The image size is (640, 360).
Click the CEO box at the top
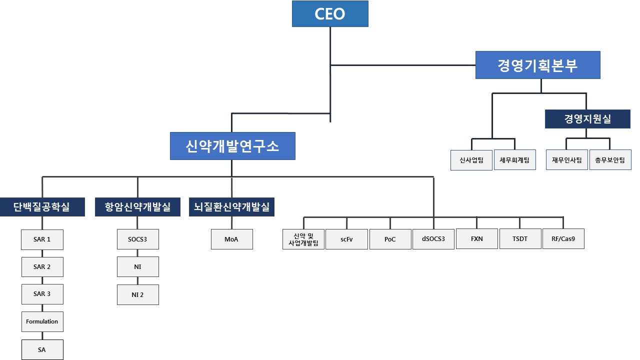[330, 13]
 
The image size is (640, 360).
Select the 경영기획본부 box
[537, 65]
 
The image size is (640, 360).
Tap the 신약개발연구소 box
[232, 146]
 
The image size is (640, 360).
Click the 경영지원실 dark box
[587, 119]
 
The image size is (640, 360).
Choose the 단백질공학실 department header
[42, 207]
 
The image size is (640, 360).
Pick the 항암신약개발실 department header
[138, 207]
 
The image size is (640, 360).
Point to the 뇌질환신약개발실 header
[231, 207]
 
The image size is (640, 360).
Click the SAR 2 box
[42, 266]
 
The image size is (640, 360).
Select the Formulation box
[42, 321]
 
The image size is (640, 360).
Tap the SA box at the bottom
[42, 349]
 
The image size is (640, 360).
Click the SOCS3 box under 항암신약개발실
[138, 239]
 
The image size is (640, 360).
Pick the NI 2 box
[138, 294]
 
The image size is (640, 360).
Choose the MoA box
[231, 239]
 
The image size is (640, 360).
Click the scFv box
[346, 239]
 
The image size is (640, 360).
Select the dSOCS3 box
[433, 239]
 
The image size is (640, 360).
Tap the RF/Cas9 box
[563, 239]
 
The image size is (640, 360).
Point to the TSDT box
[520, 239]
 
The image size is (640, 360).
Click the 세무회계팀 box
[515, 160]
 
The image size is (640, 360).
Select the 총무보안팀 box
[610, 160]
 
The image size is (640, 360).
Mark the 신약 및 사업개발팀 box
[303, 239]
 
